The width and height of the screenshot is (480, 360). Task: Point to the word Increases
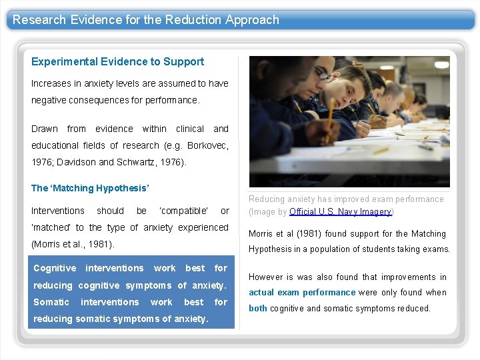[52, 83]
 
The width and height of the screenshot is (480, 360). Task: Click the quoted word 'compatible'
[183, 211]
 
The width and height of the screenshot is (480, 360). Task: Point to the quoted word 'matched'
[52, 227]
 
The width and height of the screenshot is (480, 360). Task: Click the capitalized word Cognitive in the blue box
[55, 268]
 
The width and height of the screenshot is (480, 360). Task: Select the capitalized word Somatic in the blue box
[51, 302]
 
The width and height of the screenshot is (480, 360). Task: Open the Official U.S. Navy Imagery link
[340, 212]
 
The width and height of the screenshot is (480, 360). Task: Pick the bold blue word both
[258, 308]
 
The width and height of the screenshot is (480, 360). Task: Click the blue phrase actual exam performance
[302, 292]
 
